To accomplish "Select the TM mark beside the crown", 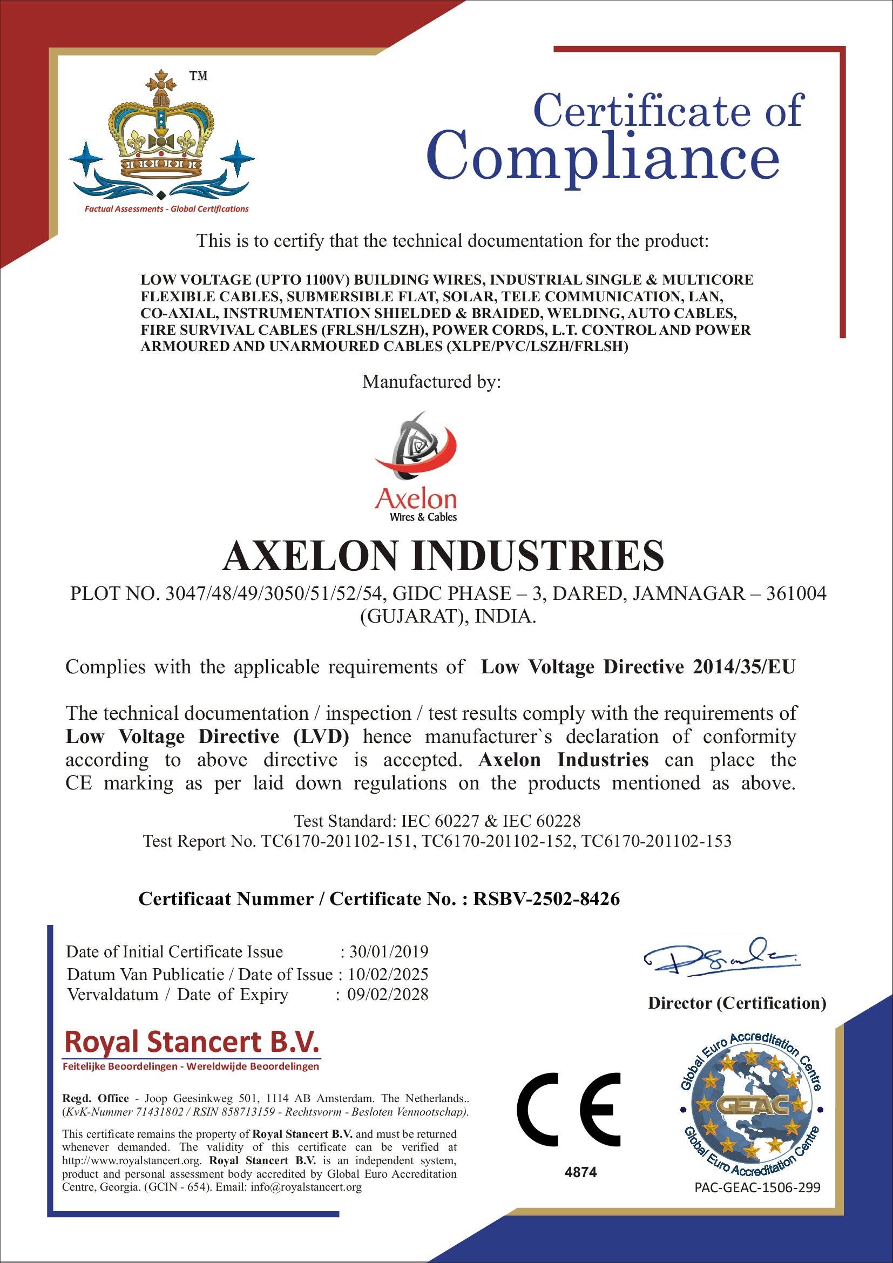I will click(x=199, y=76).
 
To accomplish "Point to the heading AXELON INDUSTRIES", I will click(x=443, y=555).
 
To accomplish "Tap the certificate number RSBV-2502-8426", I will click(x=546, y=899).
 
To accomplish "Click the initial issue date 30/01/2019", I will click(x=389, y=951).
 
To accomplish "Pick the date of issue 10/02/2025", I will click(x=389, y=974).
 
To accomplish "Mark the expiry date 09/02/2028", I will click(x=388, y=994).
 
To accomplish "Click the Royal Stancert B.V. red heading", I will click(x=191, y=1042).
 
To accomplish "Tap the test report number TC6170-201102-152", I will click(x=497, y=841).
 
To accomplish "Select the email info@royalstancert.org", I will click(x=306, y=1186).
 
